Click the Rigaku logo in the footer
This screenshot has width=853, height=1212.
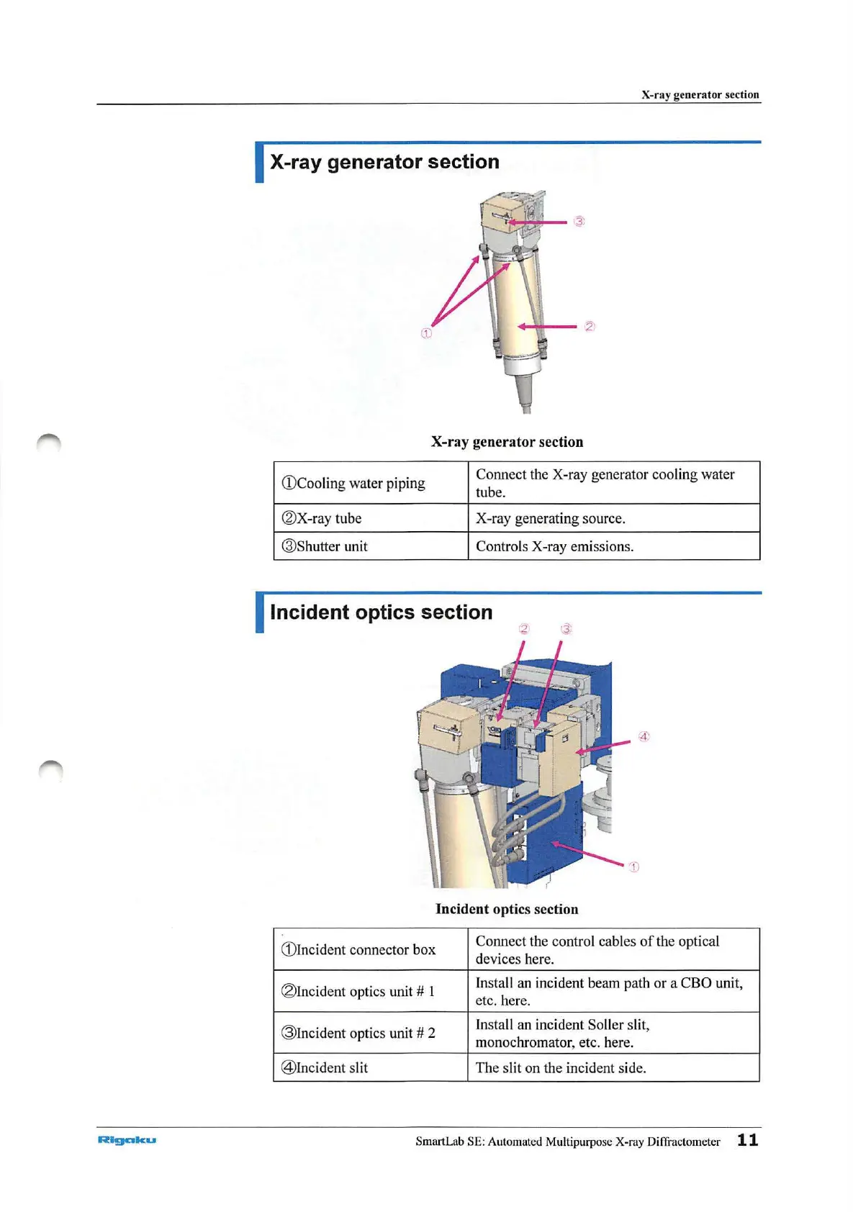click(127, 1139)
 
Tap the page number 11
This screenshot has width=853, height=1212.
click(747, 1139)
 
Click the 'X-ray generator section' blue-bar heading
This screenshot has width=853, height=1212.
click(384, 162)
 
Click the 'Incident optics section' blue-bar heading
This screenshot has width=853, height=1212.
click(381, 612)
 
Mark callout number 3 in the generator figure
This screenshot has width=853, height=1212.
click(579, 221)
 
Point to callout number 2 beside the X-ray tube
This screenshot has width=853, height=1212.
click(590, 326)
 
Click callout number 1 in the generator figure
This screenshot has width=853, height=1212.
click(426, 333)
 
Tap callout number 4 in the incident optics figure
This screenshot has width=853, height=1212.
click(644, 736)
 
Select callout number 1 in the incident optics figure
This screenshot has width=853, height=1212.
click(633, 867)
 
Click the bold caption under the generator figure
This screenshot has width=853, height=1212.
click(507, 442)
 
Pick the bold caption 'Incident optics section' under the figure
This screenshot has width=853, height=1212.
click(507, 909)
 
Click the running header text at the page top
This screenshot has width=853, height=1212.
click(700, 94)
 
